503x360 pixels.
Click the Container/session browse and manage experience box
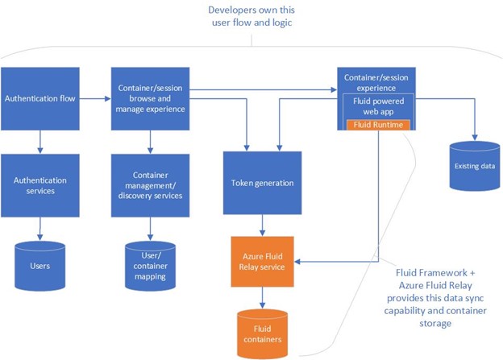coord(150,99)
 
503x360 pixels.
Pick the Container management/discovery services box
coord(150,185)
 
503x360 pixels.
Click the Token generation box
coord(261,183)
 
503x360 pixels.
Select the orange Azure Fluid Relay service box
coord(261,261)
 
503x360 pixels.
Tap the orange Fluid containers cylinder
coord(261,330)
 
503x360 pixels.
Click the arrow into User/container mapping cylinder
coord(150,229)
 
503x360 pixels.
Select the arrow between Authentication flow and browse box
coord(95,99)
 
